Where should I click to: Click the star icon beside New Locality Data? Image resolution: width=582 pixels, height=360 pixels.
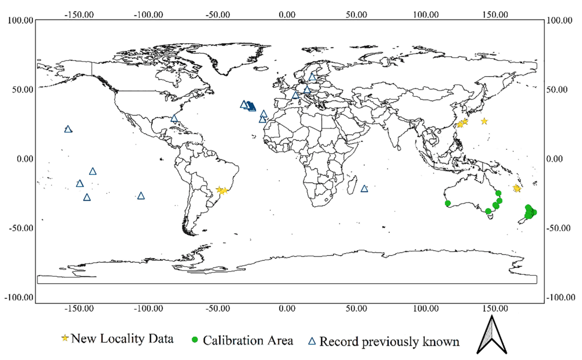[65, 338]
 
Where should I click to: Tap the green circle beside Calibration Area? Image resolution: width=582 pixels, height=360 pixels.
[195, 340]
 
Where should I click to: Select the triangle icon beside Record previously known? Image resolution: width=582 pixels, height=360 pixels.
[312, 341]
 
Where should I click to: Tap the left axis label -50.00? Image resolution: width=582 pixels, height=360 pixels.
[20, 228]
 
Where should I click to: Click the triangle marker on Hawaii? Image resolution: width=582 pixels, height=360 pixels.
[68, 129]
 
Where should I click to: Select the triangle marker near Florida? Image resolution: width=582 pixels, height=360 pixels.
[174, 118]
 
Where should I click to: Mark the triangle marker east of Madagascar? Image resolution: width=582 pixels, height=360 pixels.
[364, 188]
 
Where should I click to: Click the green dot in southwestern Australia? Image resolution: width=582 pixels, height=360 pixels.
[448, 203]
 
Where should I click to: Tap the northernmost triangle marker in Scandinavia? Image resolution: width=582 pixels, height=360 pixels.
[313, 77]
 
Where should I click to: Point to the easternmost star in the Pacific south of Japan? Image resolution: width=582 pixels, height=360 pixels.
[484, 121]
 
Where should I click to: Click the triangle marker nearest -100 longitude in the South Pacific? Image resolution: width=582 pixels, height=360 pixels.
[141, 195]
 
